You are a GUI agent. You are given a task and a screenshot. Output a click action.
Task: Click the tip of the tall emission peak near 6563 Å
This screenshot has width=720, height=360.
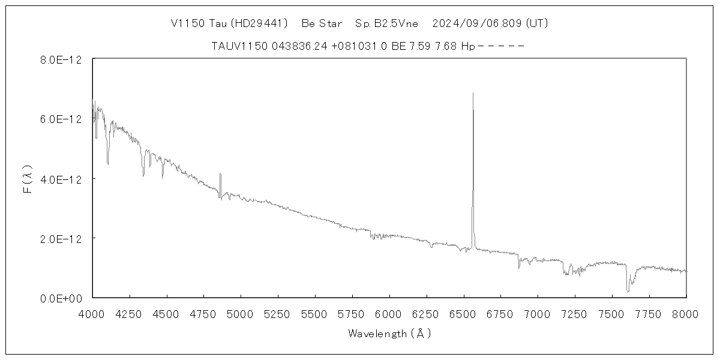coord(473,93)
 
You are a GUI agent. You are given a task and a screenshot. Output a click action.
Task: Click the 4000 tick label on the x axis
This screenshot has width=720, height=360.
coord(92,313)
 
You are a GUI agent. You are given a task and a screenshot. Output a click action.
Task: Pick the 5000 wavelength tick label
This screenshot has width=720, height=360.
coord(241,313)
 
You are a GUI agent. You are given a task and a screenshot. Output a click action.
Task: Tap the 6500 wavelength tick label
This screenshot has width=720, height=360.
coord(464,313)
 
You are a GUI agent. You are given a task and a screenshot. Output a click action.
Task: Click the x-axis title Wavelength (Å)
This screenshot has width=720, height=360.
coord(389,334)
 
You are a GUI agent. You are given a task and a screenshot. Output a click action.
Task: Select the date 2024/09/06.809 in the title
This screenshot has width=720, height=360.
coord(477,24)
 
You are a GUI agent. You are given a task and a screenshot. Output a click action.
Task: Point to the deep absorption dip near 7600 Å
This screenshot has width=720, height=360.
coord(628,291)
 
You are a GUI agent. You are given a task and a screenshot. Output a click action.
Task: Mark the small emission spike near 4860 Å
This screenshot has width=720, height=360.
coord(220,175)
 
